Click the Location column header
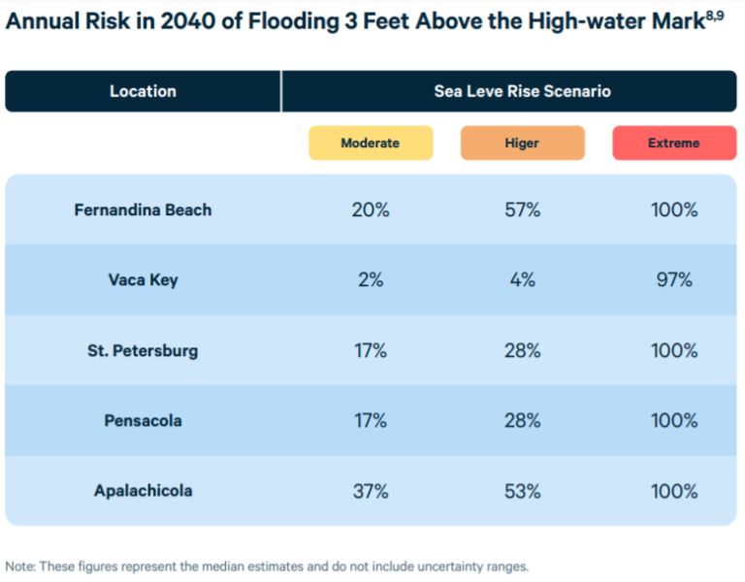[143, 91]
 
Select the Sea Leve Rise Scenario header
[522, 91]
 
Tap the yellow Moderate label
[370, 143]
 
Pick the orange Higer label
[522, 143]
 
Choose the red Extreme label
[673, 143]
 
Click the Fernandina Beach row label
[143, 210]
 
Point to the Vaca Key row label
[143, 280]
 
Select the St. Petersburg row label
[143, 350]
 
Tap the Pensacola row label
[143, 421]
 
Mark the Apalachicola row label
[143, 491]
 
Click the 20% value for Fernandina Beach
[370, 210]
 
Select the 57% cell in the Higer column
[522, 210]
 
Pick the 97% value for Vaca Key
[673, 280]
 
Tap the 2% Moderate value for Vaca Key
[370, 280]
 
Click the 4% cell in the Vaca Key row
[522, 280]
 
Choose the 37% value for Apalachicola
[370, 491]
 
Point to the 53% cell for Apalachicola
[522, 491]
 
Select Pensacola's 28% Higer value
[522, 421]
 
